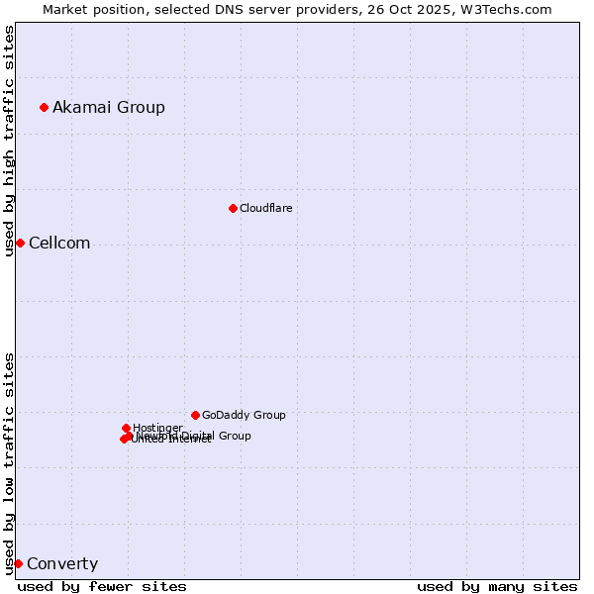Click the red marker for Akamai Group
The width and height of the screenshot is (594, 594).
(44, 107)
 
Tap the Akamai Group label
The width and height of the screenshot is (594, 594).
(109, 107)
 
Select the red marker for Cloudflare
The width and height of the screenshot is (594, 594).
(233, 208)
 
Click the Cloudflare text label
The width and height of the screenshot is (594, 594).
(265, 208)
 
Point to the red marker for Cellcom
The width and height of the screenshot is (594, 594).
(20, 243)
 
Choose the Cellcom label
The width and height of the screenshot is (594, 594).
(59, 244)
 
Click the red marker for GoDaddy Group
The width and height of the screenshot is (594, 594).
(195, 415)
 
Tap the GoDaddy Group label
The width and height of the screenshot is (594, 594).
(244, 415)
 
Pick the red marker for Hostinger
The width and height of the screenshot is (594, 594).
(126, 428)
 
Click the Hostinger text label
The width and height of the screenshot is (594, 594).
(157, 428)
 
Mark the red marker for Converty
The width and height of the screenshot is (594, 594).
(18, 563)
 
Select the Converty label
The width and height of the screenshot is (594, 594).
(62, 564)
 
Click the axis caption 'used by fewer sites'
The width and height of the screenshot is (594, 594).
(102, 586)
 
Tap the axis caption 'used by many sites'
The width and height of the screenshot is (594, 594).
(497, 586)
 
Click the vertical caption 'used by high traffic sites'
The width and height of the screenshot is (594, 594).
(9, 141)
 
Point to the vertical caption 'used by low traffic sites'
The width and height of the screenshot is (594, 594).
(9, 463)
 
